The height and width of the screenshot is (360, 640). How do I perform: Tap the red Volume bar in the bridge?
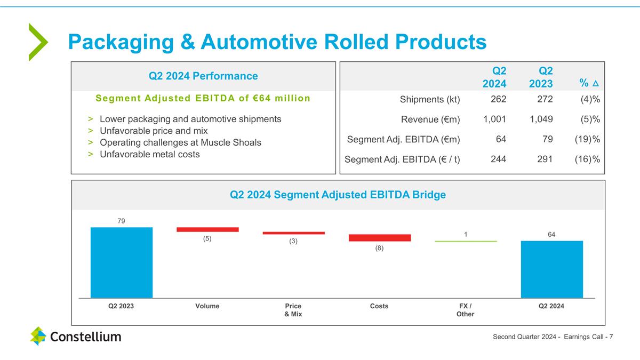[207, 229]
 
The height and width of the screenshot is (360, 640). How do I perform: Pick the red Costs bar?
[380, 238]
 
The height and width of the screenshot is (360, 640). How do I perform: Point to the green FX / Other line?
[466, 242]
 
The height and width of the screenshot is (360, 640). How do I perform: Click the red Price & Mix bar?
[293, 233]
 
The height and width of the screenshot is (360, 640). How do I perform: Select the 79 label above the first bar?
[121, 221]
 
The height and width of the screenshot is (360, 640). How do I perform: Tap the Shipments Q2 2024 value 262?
[499, 99]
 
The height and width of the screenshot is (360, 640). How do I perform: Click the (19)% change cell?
[587, 140]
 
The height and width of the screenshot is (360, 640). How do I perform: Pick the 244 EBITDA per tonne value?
[499, 159]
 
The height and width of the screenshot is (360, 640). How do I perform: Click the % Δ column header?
[588, 83]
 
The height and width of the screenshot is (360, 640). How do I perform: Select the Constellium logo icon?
[38, 336]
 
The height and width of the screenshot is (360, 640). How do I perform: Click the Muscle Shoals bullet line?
[180, 142]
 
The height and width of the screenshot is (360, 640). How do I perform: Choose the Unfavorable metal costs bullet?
[149, 154]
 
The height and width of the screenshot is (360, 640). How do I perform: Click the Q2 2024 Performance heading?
[203, 76]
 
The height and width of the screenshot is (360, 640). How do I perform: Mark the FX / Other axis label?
[465, 310]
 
